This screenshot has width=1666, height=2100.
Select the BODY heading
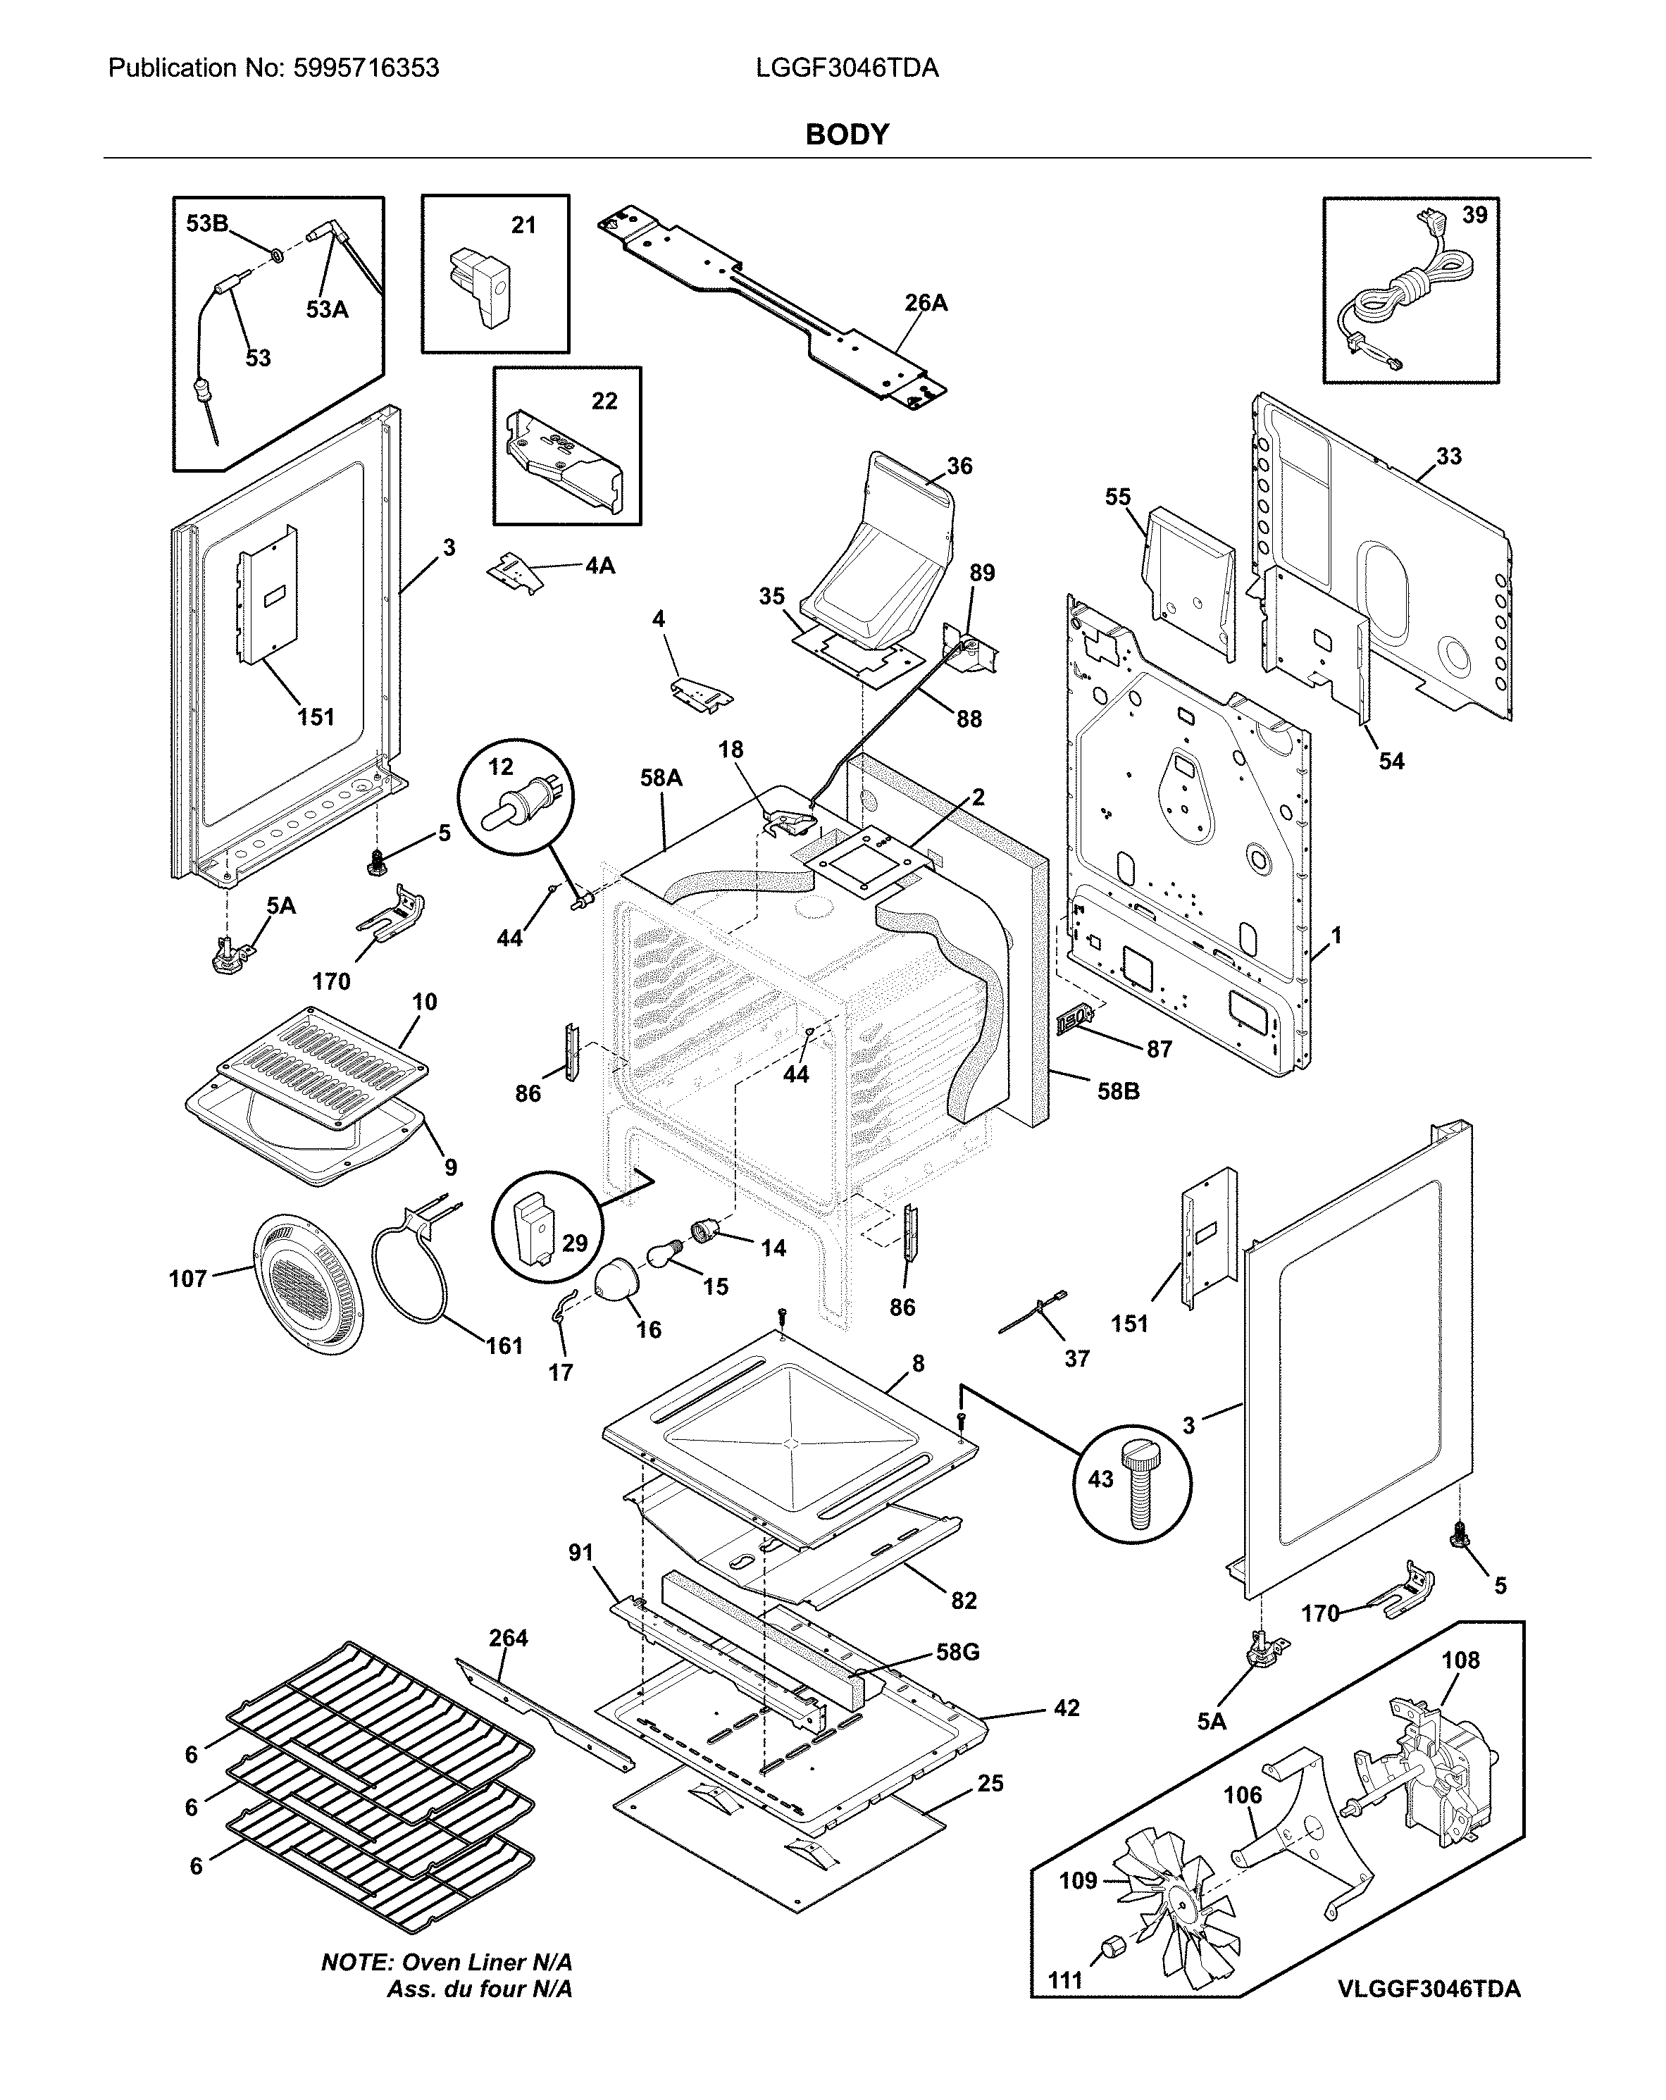847,135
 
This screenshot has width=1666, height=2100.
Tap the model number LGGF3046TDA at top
847,68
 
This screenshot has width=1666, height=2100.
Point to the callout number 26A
926,303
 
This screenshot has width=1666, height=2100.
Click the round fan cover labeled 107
308,1282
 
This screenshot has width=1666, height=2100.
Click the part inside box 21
480,282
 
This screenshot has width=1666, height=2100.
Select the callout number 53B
206,224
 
